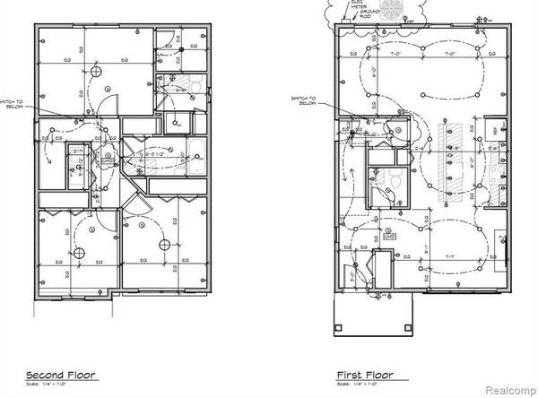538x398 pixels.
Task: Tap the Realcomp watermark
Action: (x=508, y=390)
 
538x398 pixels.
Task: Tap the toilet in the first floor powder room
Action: (x=393, y=179)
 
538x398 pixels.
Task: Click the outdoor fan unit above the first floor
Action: (x=392, y=11)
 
